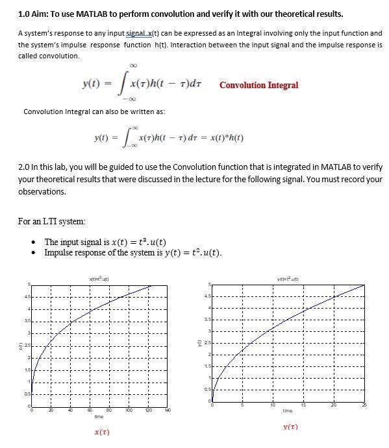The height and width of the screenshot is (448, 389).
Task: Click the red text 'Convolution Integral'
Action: pos(258,85)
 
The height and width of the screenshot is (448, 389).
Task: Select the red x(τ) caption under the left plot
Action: pos(101,432)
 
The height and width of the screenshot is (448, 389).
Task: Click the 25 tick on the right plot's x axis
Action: pos(364,406)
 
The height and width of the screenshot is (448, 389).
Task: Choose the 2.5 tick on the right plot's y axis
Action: pos(208,342)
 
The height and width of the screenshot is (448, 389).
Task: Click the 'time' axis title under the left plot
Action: pos(99,417)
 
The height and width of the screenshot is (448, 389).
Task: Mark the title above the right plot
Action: pos(289,278)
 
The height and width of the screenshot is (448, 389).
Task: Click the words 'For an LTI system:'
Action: pos(52,222)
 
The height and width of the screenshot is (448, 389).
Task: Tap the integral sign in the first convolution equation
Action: pos(121,85)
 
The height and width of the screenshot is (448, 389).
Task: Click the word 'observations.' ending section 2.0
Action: pos(42,192)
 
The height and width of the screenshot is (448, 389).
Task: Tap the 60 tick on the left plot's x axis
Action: pos(90,410)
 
